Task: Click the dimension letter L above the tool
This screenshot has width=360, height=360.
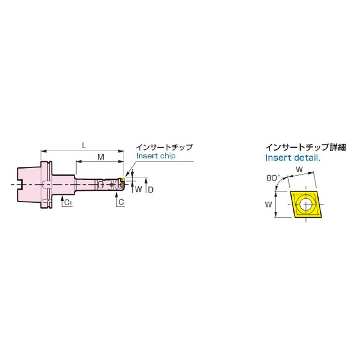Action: (x=84, y=146)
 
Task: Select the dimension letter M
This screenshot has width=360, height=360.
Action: (x=101, y=157)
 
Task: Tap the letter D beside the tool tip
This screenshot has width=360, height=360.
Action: (x=151, y=190)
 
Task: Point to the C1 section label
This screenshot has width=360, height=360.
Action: (x=68, y=202)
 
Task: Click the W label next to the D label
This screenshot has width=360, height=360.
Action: (x=139, y=190)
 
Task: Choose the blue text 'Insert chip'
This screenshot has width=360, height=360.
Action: (x=155, y=155)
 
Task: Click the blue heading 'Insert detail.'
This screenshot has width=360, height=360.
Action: (x=293, y=158)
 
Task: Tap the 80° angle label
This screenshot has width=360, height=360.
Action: (x=273, y=178)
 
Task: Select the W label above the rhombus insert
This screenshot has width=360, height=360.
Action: (x=299, y=170)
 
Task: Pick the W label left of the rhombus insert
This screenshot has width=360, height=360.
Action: (x=268, y=204)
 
